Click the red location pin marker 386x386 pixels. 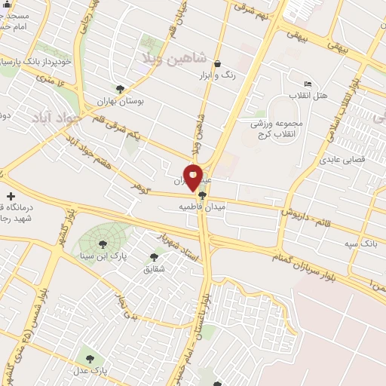point(193,178)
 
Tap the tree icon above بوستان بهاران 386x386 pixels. point(120,89)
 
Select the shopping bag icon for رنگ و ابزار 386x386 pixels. point(218,64)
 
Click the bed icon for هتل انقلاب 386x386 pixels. point(307,84)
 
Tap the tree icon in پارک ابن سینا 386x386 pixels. point(103,243)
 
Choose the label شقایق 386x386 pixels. point(155,269)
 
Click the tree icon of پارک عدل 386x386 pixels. point(90,360)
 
